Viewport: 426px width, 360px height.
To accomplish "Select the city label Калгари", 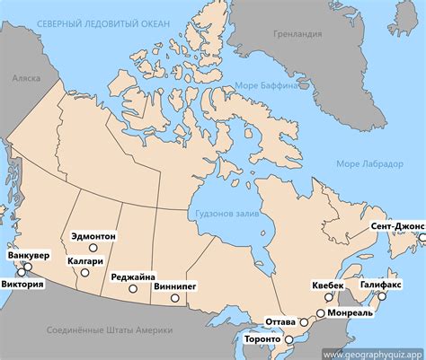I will point(83,261).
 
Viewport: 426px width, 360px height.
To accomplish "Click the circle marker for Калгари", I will point(84,272).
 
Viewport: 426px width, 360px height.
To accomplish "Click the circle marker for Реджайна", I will point(133,289).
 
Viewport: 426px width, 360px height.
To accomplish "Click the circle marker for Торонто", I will point(288,339).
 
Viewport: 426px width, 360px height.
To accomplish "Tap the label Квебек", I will point(327,285).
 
